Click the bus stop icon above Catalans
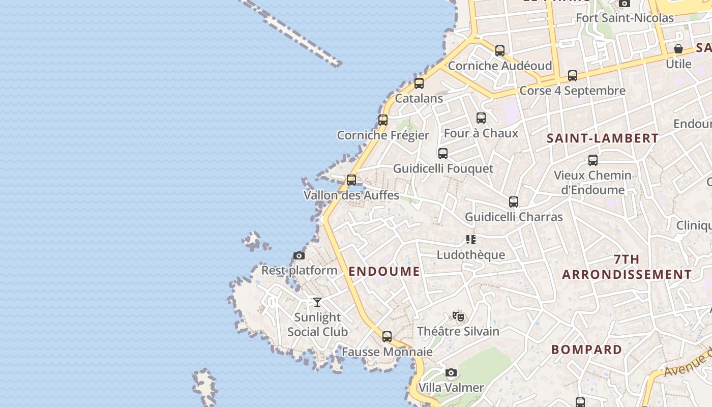click(x=419, y=83)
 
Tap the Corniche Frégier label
click(x=383, y=135)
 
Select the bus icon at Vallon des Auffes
click(x=351, y=180)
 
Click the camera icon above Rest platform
click(x=299, y=255)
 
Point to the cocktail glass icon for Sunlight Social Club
click(x=317, y=302)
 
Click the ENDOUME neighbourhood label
click(x=384, y=271)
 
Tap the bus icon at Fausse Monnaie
click(x=387, y=336)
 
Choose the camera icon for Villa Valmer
click(x=451, y=373)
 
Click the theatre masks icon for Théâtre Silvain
click(x=458, y=316)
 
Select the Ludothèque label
click(x=471, y=255)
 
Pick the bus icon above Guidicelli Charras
click(x=514, y=202)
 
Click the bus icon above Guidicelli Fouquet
click(x=443, y=153)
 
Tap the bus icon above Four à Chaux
click(x=481, y=118)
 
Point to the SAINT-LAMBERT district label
click(x=603, y=138)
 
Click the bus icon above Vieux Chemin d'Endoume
click(x=593, y=160)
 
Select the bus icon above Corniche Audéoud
click(x=500, y=51)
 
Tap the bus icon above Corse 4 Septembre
click(x=573, y=76)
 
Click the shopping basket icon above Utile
click(x=678, y=49)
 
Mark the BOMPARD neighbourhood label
click(x=586, y=350)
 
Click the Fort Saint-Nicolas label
click(x=625, y=18)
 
